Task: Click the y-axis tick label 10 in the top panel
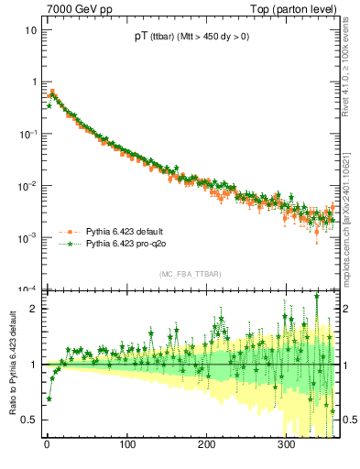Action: (29, 30)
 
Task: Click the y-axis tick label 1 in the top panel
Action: (32, 82)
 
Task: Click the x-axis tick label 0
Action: (47, 445)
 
